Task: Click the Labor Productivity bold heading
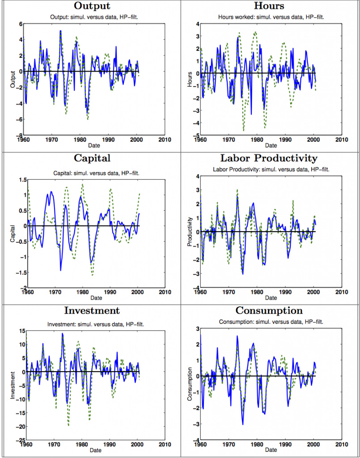point(269,158)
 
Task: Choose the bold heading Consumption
point(269,311)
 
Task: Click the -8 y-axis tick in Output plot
point(20,136)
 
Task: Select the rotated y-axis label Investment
point(13,384)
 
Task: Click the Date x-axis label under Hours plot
point(271,145)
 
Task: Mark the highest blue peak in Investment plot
point(62,333)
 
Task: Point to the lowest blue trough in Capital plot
point(61,270)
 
